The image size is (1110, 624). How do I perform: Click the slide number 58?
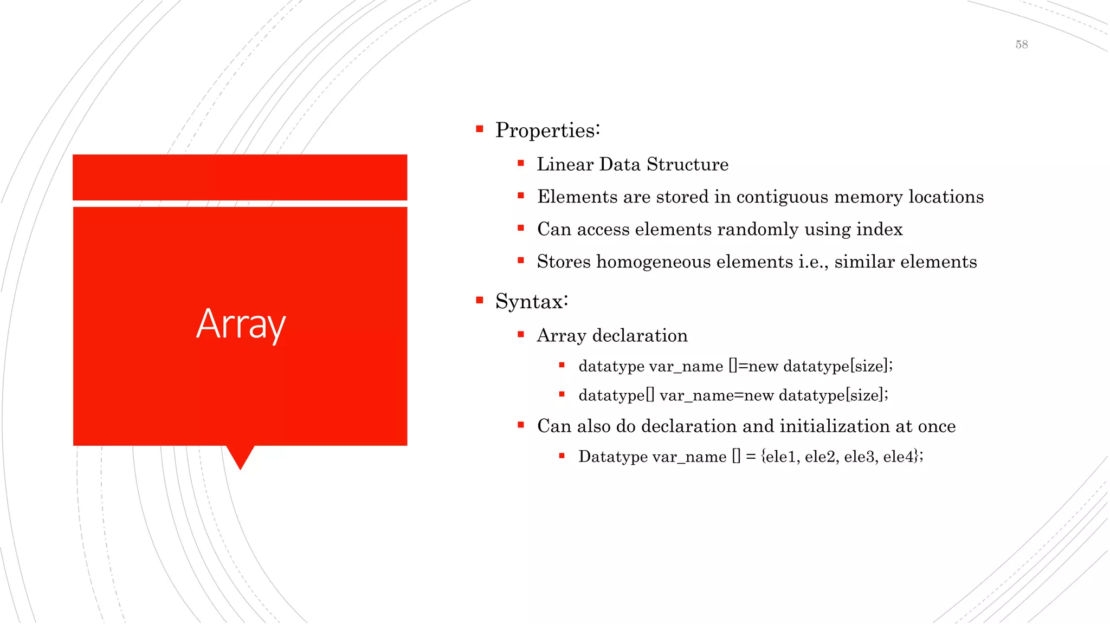[x=1022, y=44]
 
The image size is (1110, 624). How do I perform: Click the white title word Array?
[x=241, y=324]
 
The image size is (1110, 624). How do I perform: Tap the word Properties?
[x=546, y=131]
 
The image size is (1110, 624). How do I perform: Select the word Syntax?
[x=530, y=301]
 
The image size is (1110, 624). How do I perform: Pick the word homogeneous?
[x=653, y=262]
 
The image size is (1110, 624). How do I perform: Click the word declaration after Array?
[x=640, y=335]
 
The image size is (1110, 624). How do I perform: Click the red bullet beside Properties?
[x=479, y=129]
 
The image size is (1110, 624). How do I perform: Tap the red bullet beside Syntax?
[x=479, y=300]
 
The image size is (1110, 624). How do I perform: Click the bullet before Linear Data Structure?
[x=521, y=163]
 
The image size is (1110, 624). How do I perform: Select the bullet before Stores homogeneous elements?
[x=521, y=261]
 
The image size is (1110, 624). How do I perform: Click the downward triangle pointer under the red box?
[x=240, y=456]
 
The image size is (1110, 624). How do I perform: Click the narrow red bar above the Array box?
[x=240, y=177]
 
